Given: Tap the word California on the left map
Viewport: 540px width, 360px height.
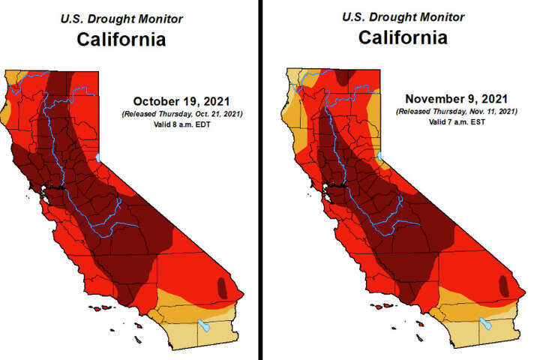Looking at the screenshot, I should coord(120,38).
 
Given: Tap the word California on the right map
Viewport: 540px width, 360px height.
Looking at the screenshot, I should coord(403,37).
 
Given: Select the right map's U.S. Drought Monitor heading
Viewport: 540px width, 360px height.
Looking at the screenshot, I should coord(403,16).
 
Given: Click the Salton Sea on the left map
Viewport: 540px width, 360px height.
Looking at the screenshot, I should coord(203,326).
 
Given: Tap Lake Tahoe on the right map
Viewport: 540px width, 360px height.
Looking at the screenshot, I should coord(381,157).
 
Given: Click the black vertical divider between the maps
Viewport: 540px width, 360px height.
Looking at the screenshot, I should coord(262,180).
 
